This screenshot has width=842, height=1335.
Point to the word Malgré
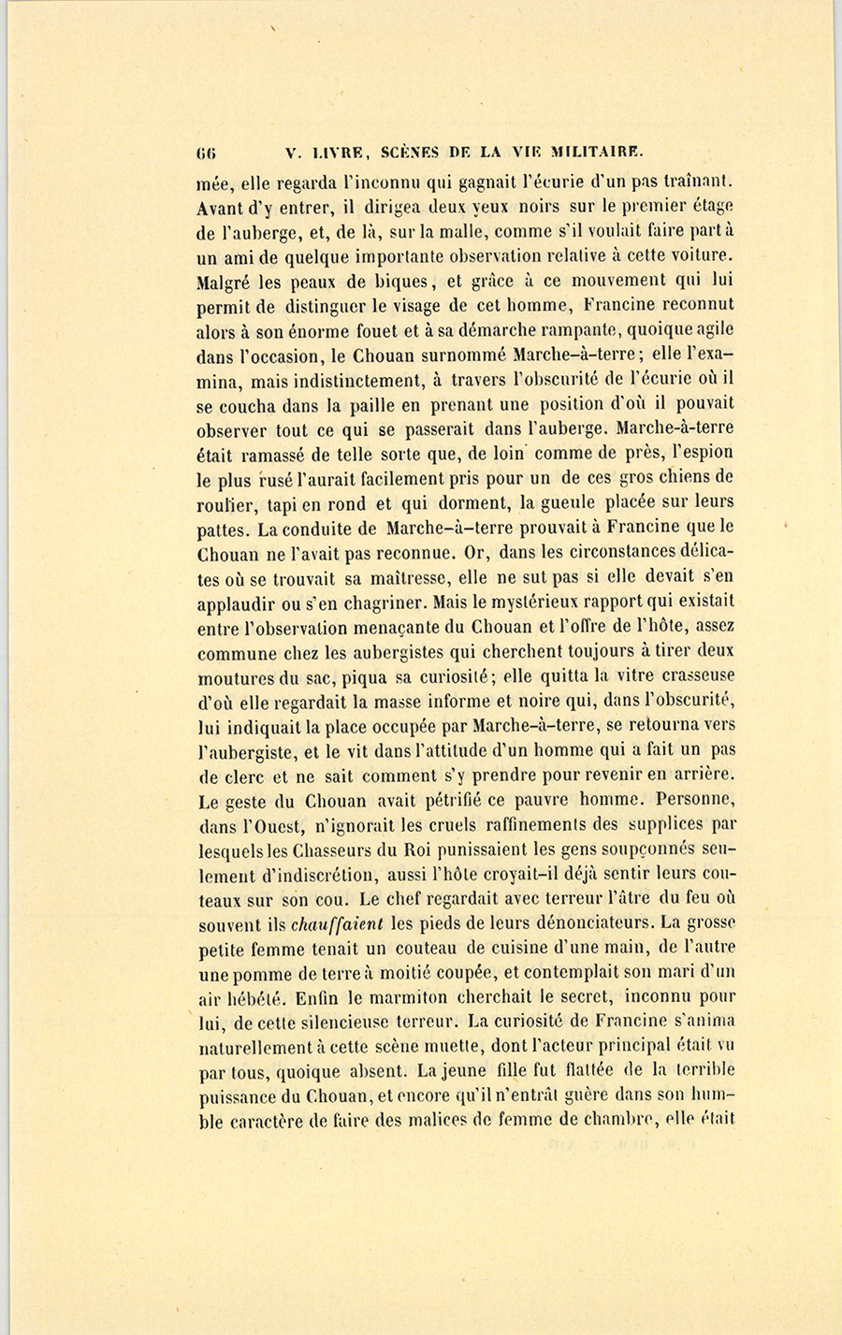click(x=225, y=280)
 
